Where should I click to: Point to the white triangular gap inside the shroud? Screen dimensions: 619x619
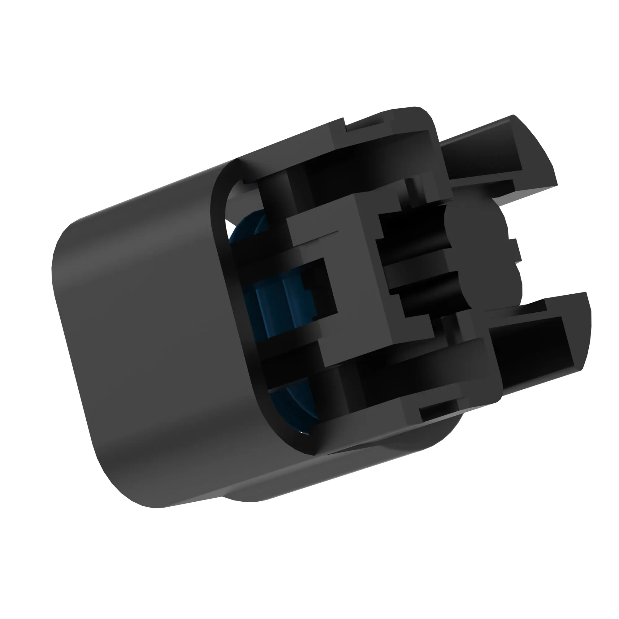coord(228,224)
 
